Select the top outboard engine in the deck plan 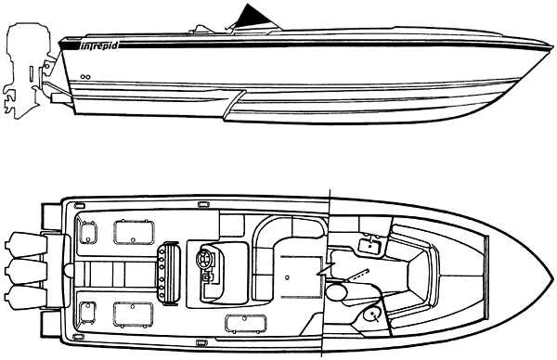pos(22,244)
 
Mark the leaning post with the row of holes pos(170,271)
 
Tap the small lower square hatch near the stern pos(89,310)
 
